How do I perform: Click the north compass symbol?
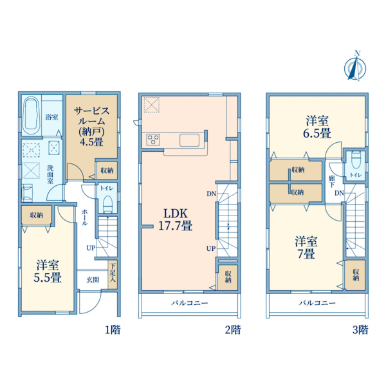(x=354, y=67)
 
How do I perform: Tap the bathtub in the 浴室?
(x=32, y=115)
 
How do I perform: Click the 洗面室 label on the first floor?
(x=50, y=174)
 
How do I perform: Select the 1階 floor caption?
(x=113, y=330)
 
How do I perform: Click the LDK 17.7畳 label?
(x=175, y=219)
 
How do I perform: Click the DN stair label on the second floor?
(x=211, y=194)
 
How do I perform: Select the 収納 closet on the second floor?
(x=228, y=277)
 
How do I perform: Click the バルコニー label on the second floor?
(x=189, y=303)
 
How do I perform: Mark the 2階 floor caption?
(x=232, y=330)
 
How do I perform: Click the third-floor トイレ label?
(x=354, y=174)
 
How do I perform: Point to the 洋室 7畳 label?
(x=306, y=248)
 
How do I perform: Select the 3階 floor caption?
(x=360, y=330)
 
